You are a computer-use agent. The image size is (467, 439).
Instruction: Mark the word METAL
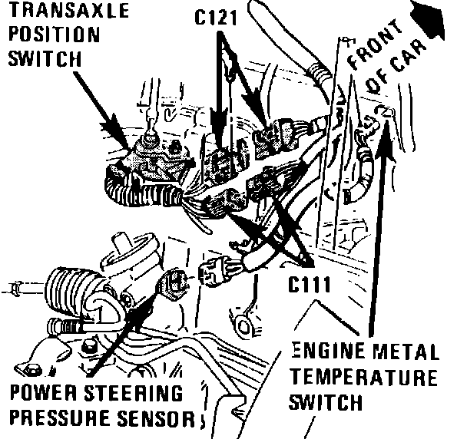pos(406,355)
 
